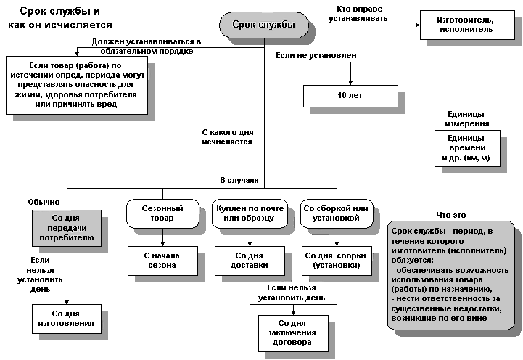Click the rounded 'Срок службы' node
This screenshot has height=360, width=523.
coord(263,25)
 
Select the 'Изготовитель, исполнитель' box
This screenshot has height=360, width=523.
coord(467,25)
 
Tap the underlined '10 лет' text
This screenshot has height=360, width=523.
coord(350,95)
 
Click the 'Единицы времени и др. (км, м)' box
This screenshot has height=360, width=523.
coord(467,148)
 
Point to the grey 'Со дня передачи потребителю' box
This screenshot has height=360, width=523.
coord(67,228)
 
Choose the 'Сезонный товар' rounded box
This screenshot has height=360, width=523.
coord(162,213)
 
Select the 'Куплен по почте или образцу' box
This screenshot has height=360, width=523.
coord(250,213)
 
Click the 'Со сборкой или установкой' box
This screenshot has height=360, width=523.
coord(337,213)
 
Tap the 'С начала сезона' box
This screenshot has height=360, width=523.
coord(162,261)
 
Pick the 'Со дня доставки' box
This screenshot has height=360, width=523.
coord(250,261)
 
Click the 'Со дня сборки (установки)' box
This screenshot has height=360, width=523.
coord(337,261)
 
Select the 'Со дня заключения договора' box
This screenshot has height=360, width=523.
coord(293,333)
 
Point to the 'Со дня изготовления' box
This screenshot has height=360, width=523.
coord(67,319)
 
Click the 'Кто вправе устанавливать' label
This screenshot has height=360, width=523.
coord(358,14)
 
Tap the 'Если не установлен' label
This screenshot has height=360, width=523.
coord(316,55)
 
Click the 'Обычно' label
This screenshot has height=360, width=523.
coord(44,202)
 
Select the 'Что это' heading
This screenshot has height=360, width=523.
coord(451,215)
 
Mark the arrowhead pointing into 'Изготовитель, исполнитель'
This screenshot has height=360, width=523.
coord(417,25)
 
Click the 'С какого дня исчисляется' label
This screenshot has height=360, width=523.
coord(227,136)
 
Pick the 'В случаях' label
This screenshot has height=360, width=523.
coord(239,180)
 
